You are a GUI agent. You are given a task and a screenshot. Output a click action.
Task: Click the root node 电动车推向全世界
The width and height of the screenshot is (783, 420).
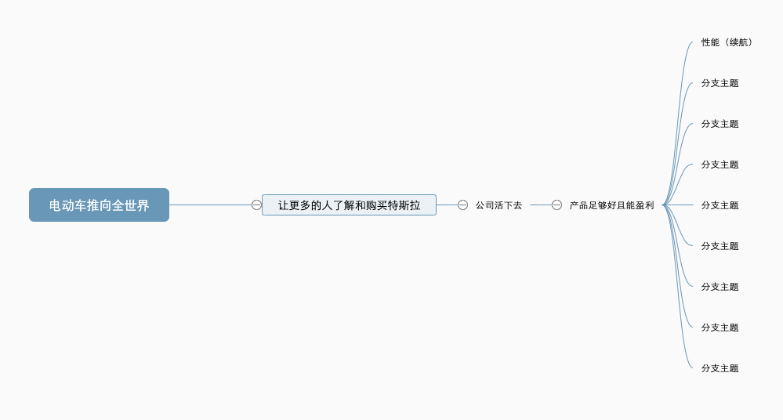click(x=99, y=205)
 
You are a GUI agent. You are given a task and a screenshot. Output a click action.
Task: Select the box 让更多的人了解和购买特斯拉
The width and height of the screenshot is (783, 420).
click(x=349, y=205)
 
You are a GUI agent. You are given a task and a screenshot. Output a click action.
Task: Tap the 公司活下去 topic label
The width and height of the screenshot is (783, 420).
click(x=498, y=205)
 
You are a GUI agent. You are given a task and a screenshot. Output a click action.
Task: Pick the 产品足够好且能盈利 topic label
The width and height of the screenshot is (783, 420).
click(x=611, y=205)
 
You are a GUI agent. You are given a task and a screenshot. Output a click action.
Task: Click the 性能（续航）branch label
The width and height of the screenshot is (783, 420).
click(x=727, y=42)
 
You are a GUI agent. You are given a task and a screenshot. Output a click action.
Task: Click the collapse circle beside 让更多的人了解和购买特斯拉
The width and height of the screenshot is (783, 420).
click(x=256, y=205)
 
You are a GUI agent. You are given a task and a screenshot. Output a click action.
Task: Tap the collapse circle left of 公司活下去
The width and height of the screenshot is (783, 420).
click(x=463, y=205)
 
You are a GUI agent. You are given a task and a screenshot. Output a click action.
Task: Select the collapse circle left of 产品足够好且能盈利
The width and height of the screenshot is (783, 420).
click(x=556, y=205)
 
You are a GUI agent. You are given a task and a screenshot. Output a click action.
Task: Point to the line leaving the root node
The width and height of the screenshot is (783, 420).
click(x=210, y=205)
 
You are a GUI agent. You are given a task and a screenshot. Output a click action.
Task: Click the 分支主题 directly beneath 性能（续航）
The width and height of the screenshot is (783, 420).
click(x=720, y=83)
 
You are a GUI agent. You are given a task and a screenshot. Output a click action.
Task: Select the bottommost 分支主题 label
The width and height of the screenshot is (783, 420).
click(x=720, y=368)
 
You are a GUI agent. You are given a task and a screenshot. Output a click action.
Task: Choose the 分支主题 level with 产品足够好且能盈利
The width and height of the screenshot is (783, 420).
click(x=720, y=205)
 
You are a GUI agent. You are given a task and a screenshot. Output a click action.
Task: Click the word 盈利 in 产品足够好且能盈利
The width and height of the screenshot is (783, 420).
click(x=645, y=205)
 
